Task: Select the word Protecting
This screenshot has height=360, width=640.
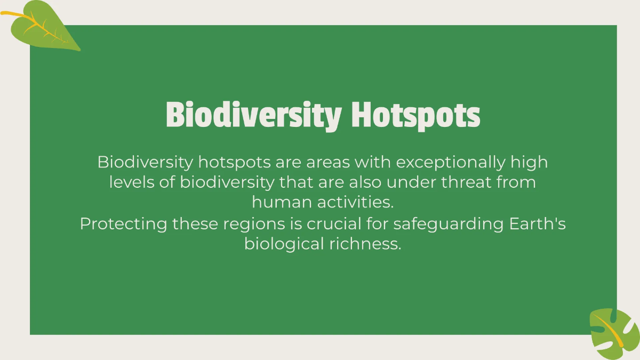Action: click(124, 223)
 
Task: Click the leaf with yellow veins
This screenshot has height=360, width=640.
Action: click(45, 27)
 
